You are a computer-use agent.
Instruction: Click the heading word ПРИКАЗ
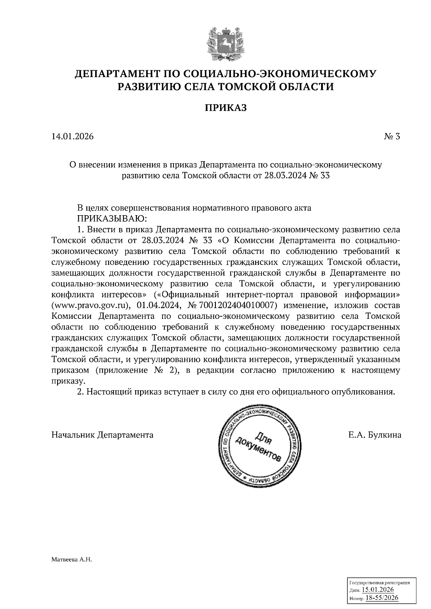click(x=226, y=108)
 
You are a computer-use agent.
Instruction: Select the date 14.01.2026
click(x=73, y=137)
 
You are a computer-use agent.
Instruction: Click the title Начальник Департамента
click(x=102, y=435)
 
